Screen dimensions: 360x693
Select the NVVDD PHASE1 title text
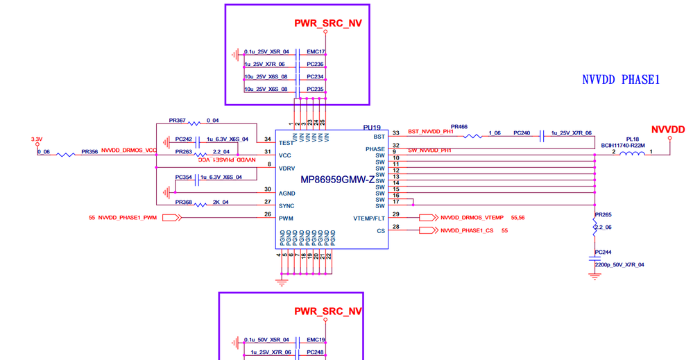click(x=620, y=80)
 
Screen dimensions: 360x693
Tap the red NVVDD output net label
click(x=668, y=130)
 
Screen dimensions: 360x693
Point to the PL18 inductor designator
click(x=632, y=139)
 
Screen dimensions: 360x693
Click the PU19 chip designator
click(x=372, y=128)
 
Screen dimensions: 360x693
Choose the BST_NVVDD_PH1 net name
click(x=430, y=131)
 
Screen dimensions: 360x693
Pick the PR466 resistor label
click(x=459, y=127)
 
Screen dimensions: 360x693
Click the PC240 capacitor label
click(x=522, y=132)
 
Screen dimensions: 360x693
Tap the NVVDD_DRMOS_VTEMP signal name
click(x=472, y=218)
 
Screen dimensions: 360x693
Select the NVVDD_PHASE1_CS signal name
click(x=469, y=230)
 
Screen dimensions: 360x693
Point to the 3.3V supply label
click(x=37, y=139)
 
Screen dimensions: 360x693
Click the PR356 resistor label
click(x=89, y=151)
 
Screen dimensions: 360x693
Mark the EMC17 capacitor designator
click(x=316, y=52)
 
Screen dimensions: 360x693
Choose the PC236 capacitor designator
click(x=316, y=65)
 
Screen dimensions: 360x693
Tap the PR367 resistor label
click(x=178, y=120)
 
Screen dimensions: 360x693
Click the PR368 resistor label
click(x=184, y=203)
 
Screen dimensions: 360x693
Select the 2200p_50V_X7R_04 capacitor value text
click(x=619, y=264)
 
